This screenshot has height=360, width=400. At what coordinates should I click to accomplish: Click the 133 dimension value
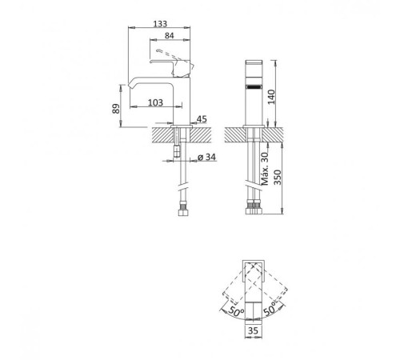(x=160, y=24)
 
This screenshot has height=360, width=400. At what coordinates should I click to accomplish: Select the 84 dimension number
(x=169, y=35)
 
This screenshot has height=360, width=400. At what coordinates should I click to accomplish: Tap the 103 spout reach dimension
(x=155, y=102)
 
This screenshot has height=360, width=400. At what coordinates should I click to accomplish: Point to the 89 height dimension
(x=116, y=109)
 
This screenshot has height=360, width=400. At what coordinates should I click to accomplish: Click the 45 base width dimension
(x=202, y=119)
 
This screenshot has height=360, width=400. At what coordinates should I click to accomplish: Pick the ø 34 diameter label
(x=206, y=157)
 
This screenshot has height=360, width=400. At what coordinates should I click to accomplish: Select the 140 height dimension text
(x=271, y=98)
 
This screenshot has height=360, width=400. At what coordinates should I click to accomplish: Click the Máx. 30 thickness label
(x=265, y=169)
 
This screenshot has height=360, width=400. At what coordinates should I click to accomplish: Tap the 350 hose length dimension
(x=278, y=178)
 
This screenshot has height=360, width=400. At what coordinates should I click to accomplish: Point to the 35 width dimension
(x=253, y=330)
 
